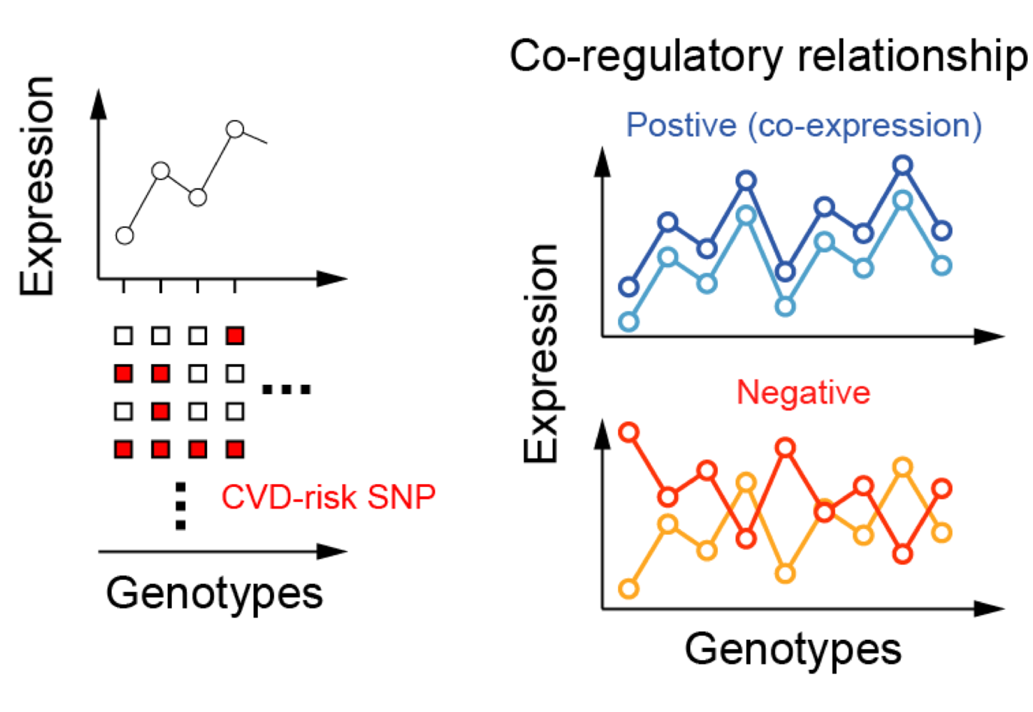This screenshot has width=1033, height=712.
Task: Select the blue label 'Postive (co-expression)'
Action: coord(803,125)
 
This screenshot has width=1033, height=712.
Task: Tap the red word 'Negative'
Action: coord(803,392)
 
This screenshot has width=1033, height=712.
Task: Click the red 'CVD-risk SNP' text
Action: coord(328,497)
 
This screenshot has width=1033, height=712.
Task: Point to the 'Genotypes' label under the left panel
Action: coord(215,593)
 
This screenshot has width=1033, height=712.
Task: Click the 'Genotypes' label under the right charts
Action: coord(793,648)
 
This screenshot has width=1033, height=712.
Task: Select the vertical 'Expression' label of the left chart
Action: coord(38,185)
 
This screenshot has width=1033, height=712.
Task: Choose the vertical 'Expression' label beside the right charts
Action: coord(541,353)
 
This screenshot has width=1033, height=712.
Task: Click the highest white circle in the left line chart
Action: coord(235,129)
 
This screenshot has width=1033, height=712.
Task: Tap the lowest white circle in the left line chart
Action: coord(125,236)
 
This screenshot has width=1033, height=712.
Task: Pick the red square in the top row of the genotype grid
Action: coord(235,335)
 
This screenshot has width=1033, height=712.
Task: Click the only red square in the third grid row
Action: coord(161,411)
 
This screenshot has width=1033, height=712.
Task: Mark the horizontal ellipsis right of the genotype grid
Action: coord(286,389)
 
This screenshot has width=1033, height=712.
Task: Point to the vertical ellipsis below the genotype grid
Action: coord(180,506)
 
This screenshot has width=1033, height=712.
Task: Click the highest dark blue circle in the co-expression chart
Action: coord(903,166)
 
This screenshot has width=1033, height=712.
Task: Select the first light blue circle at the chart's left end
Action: coord(629,322)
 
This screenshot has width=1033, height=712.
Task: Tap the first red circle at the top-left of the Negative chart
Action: coord(629,432)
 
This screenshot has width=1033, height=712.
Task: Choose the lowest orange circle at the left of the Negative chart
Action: coord(629,588)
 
